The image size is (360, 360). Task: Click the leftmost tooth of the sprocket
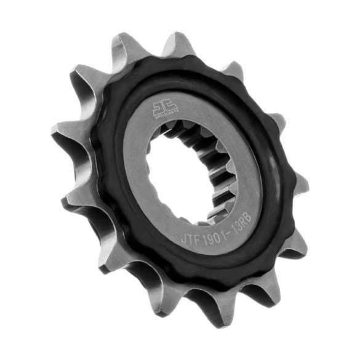(x=62, y=132)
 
